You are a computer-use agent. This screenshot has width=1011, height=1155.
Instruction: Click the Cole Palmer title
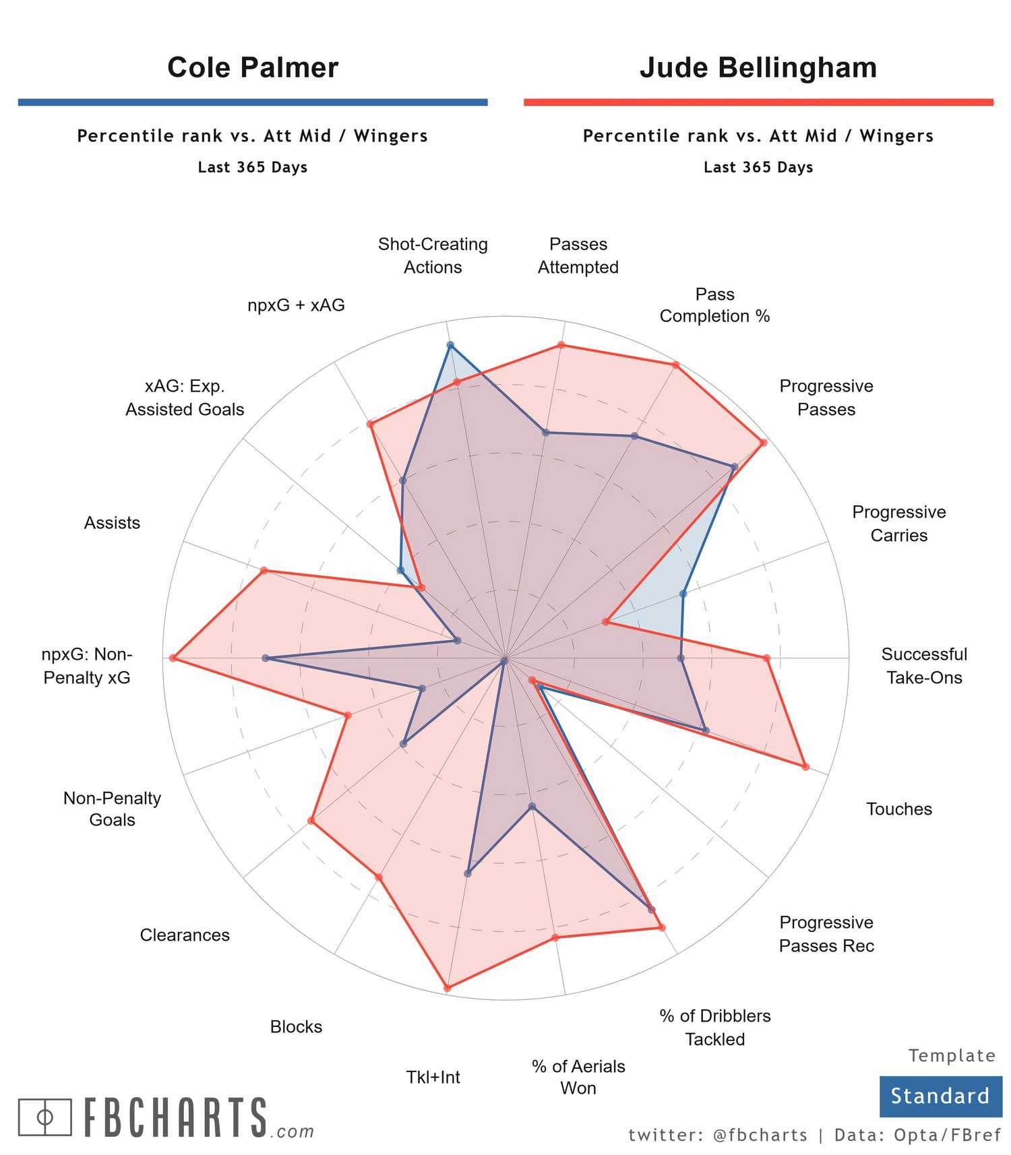coord(253,67)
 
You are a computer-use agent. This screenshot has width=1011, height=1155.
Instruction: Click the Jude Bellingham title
coord(758,67)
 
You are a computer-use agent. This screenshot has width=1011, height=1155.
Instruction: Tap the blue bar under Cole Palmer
coord(253,102)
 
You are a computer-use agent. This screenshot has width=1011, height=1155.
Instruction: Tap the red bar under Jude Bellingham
coord(758,102)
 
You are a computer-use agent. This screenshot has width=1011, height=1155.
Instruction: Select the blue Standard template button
coord(940,1096)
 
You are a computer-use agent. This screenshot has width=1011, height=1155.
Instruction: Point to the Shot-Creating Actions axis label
coord(433,255)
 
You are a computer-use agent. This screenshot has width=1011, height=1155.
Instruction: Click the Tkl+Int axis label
coord(433,1077)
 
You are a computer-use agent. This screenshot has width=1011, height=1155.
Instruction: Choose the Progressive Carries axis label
coord(898,524)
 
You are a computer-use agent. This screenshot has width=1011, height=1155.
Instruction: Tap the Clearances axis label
coord(185,935)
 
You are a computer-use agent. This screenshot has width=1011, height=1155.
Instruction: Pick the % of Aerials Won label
coord(578,1077)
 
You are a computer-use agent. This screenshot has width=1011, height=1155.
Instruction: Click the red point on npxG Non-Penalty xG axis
coord(173,658)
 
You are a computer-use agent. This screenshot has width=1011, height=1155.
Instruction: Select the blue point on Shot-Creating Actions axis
coord(451,345)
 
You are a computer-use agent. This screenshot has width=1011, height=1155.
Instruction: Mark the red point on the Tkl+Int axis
coord(448,989)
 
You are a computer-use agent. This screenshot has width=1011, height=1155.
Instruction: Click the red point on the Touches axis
coord(805,766)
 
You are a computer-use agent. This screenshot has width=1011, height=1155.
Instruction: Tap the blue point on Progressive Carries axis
coord(683,594)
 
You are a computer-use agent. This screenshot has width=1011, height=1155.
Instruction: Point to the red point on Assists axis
coord(264,571)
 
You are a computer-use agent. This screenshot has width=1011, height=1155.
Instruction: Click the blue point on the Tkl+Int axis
coord(468,874)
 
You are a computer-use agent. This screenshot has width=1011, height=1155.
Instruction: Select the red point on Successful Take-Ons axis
coord(766,658)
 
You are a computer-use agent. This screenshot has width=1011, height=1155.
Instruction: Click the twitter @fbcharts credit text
coord(718,1135)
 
